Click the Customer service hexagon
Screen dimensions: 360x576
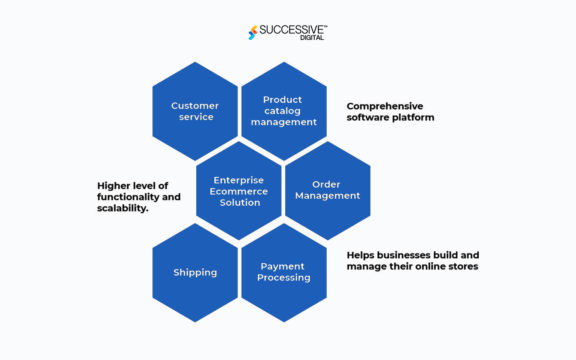pos(195,111)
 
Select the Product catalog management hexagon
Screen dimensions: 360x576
pos(284,111)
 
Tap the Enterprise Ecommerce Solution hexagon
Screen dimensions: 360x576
pos(239,191)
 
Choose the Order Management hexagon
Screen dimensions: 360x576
pos(327,190)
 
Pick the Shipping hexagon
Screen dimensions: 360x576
pos(195,273)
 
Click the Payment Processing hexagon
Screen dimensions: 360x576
pos(284,272)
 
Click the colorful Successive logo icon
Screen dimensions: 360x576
pos(253,33)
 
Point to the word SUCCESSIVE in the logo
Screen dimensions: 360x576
pos(291,30)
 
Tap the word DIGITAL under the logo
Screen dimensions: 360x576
pos(312,38)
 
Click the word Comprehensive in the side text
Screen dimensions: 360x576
pos(385,106)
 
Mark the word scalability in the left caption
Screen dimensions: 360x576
pos(122,209)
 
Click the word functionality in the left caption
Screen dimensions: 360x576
pos(128,197)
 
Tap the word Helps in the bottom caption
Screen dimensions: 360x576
pos(360,255)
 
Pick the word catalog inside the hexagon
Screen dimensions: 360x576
pos(282,111)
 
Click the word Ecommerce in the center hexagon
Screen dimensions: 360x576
pos(239,191)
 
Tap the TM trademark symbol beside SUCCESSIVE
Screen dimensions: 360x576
pos(325,26)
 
